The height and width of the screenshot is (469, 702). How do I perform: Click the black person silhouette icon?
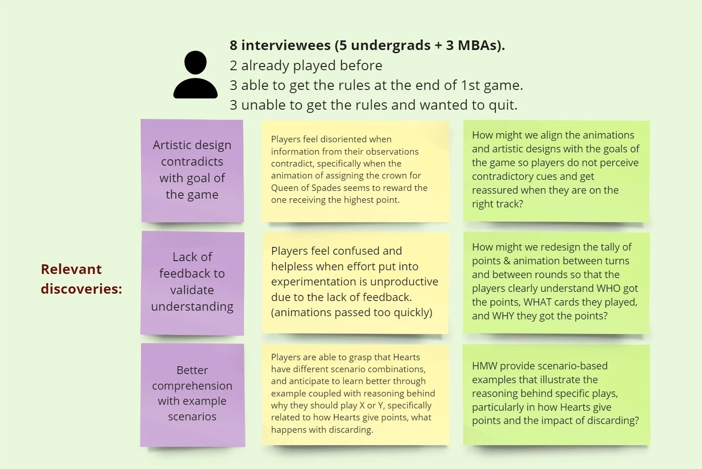(x=195, y=75)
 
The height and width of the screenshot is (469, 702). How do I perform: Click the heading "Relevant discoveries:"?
(x=81, y=279)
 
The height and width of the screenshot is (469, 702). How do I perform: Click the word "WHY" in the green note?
(x=503, y=316)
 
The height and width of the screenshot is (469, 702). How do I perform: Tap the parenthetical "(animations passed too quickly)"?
(x=351, y=313)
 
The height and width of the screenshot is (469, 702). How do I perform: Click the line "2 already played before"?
(x=306, y=66)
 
